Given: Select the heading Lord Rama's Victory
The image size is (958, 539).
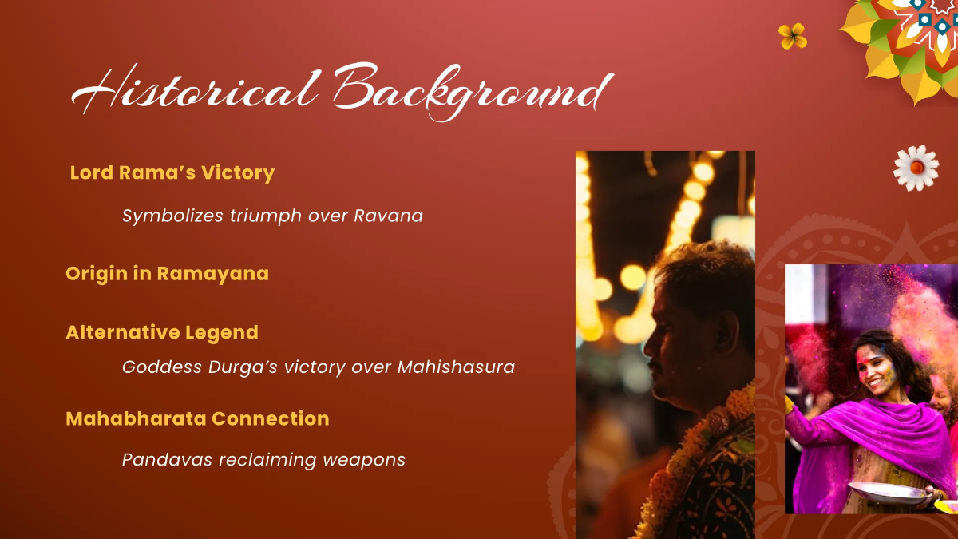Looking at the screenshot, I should point(172,173).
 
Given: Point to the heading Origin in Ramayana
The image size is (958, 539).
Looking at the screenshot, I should point(167,274).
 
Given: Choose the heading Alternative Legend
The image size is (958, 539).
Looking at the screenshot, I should point(162,332).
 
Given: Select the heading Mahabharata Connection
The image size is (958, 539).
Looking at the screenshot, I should point(197,418).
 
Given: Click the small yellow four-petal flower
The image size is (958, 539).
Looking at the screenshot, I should point(793,36).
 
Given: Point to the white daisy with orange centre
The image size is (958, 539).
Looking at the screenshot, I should point(916,168).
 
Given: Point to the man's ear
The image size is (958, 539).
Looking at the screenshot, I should point(701,335).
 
